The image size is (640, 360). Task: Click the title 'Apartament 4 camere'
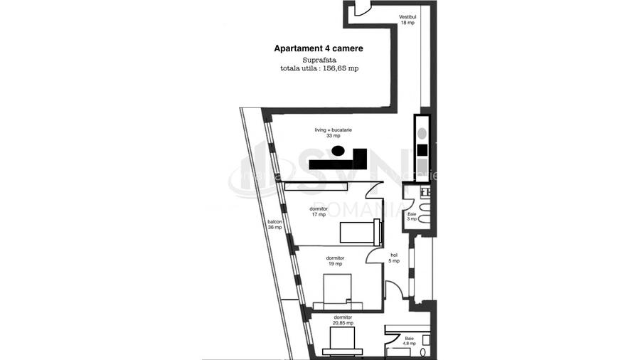pos(319,48)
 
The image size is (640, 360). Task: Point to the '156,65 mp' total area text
pos(341,69)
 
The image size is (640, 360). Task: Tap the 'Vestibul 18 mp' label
pos(407,19)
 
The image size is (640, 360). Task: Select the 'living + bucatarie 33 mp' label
pos(334,132)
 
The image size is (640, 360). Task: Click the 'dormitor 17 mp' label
pos(318,211)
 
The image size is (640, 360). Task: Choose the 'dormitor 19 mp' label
pos(335,260)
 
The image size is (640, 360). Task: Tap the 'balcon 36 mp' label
pos(274,224)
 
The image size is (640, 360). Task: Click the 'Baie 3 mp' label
pos(412,216)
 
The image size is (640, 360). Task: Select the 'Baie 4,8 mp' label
pos(409,341)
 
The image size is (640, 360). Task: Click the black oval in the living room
pos(340,151)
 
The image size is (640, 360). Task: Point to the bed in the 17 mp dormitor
pos(359,233)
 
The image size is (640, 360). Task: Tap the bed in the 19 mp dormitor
pos(338,290)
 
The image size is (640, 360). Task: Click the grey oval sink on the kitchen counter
pos(422,133)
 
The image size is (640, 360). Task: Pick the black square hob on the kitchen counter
pos(422,150)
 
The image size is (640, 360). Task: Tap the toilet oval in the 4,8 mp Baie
pos(424,352)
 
